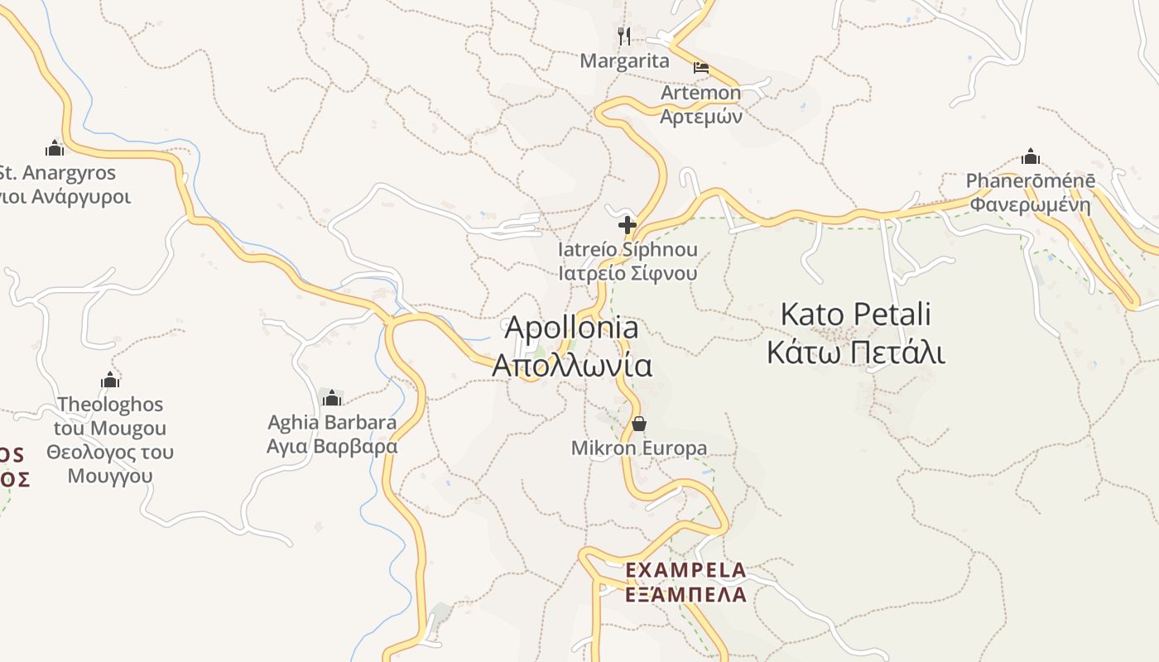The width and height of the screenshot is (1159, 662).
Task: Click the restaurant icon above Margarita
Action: pos(624,36)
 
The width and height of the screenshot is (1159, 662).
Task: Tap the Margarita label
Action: pos(624,60)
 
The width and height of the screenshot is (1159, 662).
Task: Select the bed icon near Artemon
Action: pos(701,68)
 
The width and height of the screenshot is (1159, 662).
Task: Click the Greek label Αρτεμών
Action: pos(700,116)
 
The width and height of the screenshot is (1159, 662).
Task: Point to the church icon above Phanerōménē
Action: pos(1031,156)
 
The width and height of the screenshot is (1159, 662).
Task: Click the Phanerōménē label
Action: pos(1031,180)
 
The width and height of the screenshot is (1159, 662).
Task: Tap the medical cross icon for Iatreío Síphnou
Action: pos(628,224)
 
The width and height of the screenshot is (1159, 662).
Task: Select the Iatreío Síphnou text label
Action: pos(628,249)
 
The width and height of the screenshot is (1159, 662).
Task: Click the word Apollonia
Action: pos(571,328)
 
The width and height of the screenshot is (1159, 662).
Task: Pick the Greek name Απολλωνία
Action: pos(571,365)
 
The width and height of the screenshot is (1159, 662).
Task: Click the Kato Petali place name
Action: pos(855,314)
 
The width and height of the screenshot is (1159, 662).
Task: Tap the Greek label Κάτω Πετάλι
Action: pos(855,352)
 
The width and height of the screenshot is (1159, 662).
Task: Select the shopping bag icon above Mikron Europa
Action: pos(639,424)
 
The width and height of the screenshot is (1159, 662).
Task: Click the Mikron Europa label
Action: pos(639,449)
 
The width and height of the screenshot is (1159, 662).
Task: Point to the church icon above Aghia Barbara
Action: pos(332,398)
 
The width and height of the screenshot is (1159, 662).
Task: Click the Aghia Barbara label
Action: pos(332,422)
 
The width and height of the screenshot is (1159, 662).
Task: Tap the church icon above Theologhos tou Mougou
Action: pos(110,381)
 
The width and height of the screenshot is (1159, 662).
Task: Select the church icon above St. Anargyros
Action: pos(55,149)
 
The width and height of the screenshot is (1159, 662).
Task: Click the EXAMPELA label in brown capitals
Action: pos(685,570)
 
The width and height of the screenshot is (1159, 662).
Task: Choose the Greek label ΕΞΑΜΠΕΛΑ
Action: pos(685,594)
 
